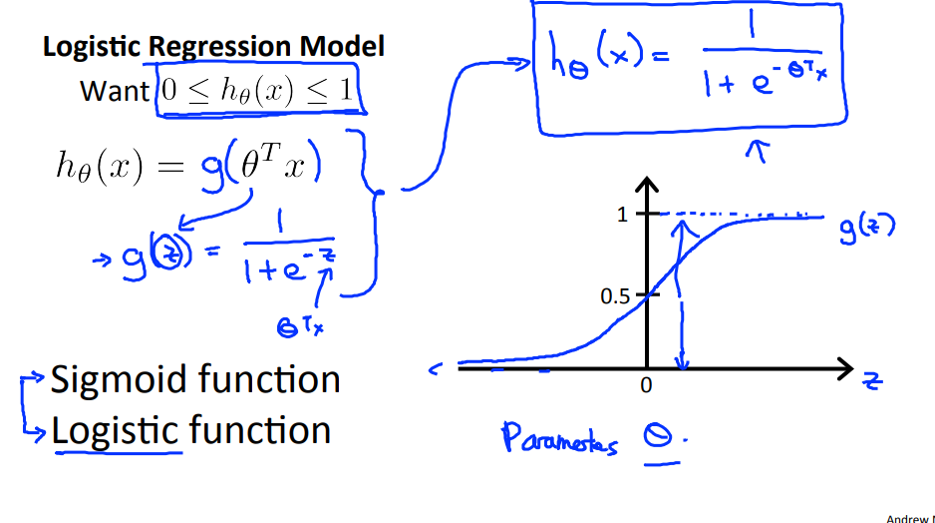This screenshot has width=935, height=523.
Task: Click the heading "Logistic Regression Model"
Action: pyautogui.click(x=213, y=47)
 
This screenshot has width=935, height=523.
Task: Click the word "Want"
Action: pyautogui.click(x=114, y=91)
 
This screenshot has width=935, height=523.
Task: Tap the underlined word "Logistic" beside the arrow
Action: pyautogui.click(x=117, y=431)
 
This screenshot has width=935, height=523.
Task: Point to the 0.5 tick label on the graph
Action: pyautogui.click(x=615, y=296)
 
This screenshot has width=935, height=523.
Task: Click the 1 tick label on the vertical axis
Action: pyautogui.click(x=624, y=215)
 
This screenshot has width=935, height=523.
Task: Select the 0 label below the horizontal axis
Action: pyautogui.click(x=646, y=385)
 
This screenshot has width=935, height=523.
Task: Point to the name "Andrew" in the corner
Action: pyautogui.click(x=908, y=517)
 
